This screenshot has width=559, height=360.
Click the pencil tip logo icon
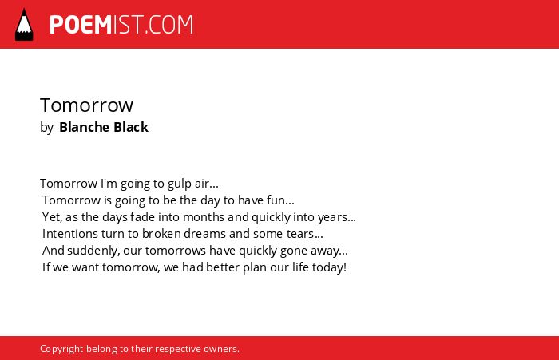click(x=24, y=25)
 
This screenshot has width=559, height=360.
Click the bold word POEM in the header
click(x=81, y=25)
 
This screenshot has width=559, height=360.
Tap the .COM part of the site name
click(x=169, y=25)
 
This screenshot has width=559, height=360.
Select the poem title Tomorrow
click(x=86, y=105)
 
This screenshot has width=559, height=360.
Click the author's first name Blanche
click(x=84, y=127)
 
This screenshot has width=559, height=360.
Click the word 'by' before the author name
click(x=46, y=128)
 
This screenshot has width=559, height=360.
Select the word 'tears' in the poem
click(x=300, y=234)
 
